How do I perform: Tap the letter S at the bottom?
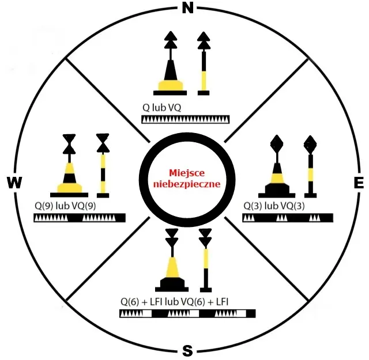187,351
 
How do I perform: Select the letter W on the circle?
14,182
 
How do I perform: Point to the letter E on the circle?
359,182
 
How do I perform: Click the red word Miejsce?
187,173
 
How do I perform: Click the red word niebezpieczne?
187,184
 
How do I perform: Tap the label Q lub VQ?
161,108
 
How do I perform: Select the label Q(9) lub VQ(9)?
65,206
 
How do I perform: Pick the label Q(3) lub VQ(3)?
274,206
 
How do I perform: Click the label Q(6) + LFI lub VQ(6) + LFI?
174,302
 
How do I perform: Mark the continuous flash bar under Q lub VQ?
186,119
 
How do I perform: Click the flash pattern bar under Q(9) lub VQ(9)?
80,218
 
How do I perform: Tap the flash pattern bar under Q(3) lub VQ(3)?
288,218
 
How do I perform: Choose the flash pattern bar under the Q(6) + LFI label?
187,314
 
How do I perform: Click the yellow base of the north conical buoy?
171,85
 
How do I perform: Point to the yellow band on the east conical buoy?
277,178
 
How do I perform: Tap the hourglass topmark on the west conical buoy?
69,144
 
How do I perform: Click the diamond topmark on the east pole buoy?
310,144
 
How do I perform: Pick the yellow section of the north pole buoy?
204,81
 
